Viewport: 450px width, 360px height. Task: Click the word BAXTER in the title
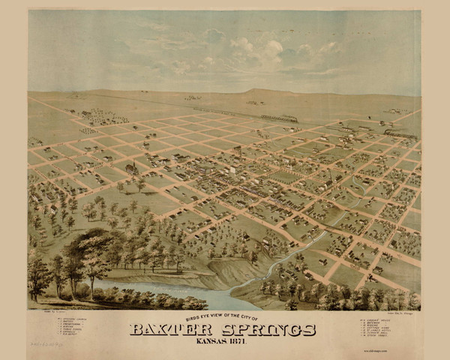171,330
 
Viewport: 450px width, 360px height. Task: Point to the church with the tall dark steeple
135,167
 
